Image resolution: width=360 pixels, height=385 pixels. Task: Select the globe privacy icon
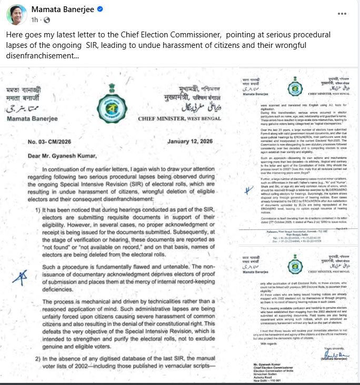pos(46,20)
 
